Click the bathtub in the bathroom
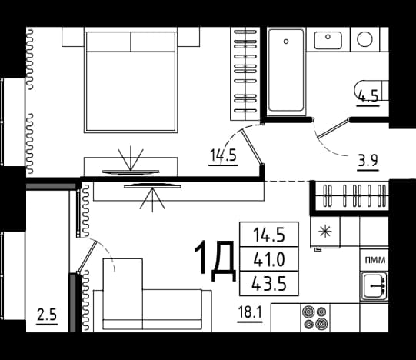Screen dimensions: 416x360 pos(286,71)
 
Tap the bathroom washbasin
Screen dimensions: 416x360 pos(328,40)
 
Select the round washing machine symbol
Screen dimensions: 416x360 pos(364,39)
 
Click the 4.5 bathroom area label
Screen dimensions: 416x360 pos(368,96)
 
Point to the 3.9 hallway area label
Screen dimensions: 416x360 pos(368,160)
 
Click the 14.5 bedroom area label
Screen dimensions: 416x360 pos(223,155)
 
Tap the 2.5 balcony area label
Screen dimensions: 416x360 pos(47,315)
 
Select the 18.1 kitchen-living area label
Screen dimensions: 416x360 pos(250,312)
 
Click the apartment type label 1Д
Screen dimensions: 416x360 pos(215,261)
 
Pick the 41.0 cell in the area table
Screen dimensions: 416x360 pos(269,259)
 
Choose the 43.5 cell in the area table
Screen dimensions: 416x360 pos(269,284)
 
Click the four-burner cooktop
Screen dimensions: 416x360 pos(315,318)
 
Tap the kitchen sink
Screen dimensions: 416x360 pos(374,286)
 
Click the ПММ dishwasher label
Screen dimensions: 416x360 pos(375,260)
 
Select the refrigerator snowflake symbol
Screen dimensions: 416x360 pos(324,232)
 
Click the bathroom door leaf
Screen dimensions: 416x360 pos(333,128)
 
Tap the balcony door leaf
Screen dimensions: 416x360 pos(88,257)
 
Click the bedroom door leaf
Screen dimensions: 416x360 pos(252,148)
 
